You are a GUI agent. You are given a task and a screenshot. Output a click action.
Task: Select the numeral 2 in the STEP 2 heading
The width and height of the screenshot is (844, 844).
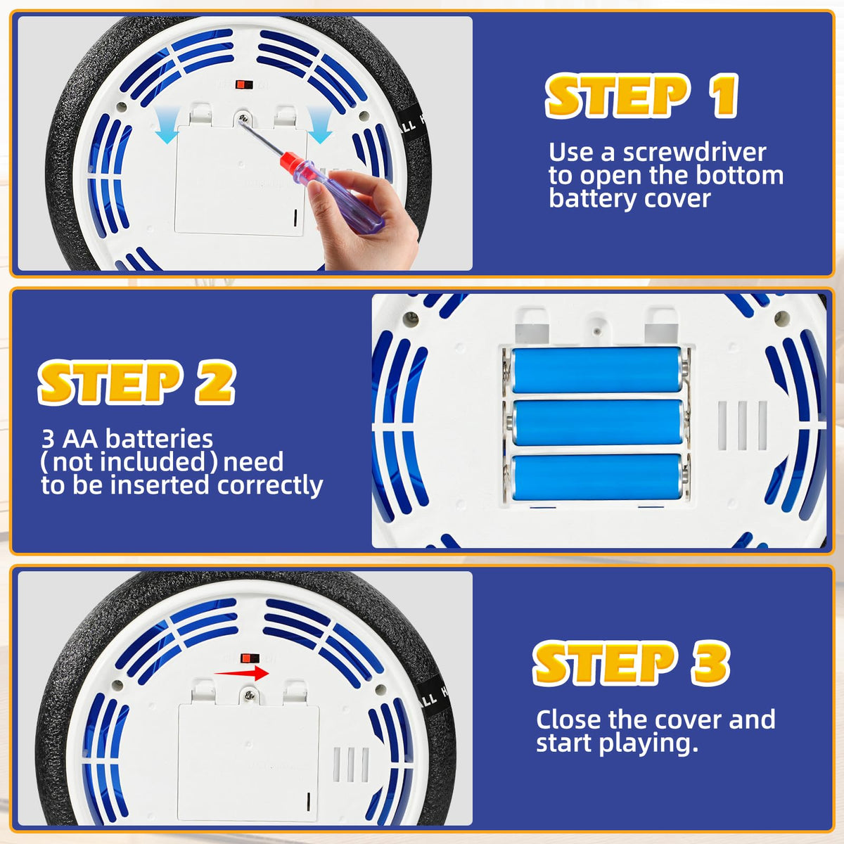pos(215,381)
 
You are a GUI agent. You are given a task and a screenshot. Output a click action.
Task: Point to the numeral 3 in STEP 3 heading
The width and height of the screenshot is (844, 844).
pos(710,663)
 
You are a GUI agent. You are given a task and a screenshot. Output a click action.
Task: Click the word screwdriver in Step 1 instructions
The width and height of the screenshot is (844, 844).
pos(694,152)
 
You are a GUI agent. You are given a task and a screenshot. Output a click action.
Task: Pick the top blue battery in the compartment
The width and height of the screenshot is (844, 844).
pos(596,371)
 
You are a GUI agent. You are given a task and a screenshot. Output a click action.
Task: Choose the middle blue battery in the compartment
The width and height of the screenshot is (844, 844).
pos(597,422)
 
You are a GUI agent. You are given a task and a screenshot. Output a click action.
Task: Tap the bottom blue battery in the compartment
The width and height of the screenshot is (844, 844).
pos(596,477)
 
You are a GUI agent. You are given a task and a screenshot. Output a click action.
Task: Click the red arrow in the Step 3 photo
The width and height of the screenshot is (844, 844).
pos(241,672)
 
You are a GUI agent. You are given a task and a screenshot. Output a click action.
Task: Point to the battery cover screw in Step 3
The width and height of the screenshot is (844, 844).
pos(250,695)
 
